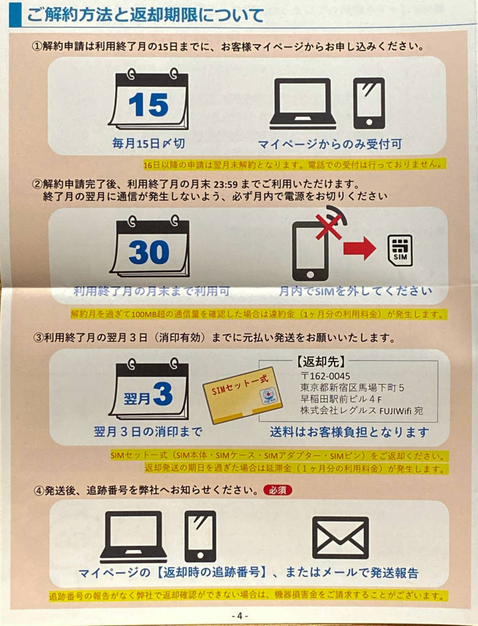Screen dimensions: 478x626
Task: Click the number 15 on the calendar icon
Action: click(148, 105)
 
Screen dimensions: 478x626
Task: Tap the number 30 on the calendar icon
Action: click(149, 252)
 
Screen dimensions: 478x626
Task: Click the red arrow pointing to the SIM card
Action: click(359, 248)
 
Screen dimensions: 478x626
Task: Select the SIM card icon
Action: click(400, 251)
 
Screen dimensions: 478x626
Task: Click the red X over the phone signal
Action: click(329, 226)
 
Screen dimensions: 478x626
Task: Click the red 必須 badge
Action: click(278, 490)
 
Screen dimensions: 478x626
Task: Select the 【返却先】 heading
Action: click(321, 362)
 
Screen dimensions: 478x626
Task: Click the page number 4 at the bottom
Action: click(239, 616)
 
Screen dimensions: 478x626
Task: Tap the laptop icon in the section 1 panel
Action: click(303, 103)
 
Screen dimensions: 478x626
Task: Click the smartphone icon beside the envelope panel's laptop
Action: click(200, 536)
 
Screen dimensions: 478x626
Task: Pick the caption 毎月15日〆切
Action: click(148, 143)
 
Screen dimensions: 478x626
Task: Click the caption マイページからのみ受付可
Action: click(330, 144)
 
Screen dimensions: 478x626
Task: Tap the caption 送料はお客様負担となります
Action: click(349, 432)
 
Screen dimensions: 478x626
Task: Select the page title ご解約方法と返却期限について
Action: click(145, 15)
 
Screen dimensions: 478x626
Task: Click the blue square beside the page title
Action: click(15, 15)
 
